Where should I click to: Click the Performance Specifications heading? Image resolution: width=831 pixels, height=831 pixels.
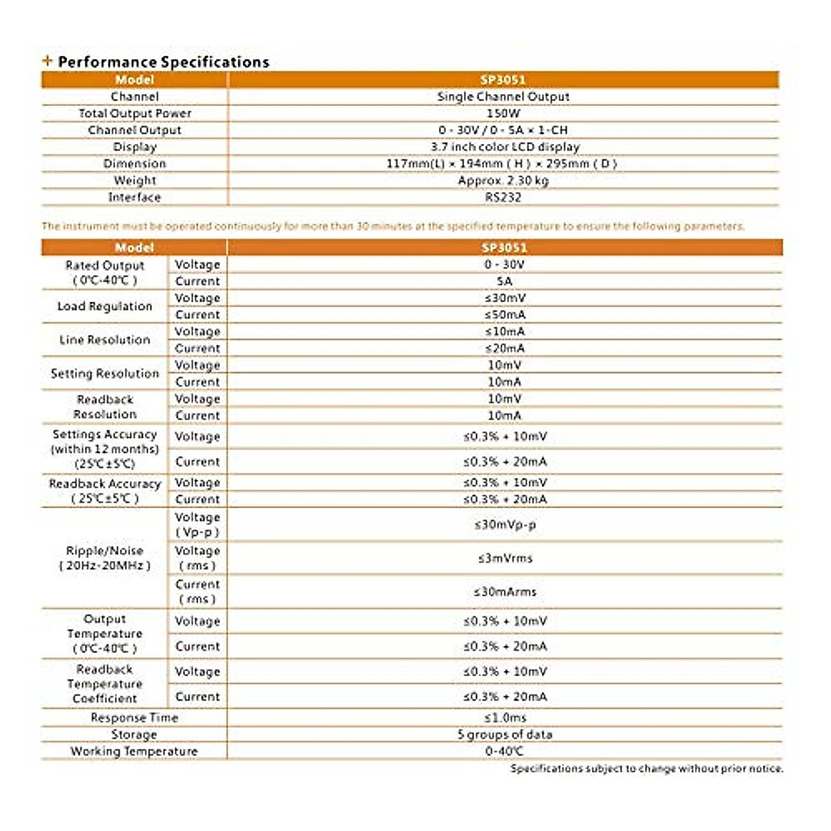tap(163, 62)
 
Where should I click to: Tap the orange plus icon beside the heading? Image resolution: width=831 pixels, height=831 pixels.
tap(47, 61)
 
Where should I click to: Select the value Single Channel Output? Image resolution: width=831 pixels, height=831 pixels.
tap(503, 97)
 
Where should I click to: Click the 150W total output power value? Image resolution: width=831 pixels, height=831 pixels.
tap(503, 114)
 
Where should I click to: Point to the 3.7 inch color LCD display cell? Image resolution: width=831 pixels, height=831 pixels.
tap(505, 147)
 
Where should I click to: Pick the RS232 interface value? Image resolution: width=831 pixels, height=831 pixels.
tap(503, 197)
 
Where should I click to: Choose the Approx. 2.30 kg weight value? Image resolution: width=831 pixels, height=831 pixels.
tap(503, 181)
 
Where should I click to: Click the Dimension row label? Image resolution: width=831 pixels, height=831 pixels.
tap(134, 164)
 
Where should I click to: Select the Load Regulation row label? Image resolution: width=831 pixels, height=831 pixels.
tap(105, 307)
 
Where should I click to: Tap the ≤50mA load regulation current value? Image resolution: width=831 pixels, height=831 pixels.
tap(505, 315)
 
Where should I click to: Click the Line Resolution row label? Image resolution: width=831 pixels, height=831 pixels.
tap(105, 340)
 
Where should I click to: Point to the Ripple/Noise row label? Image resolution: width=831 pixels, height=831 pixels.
tap(105, 558)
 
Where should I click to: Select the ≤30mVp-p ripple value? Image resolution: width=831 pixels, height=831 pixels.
tap(505, 525)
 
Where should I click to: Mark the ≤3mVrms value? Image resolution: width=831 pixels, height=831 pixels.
tap(505, 558)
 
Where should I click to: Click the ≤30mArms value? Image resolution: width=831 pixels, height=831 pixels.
tap(505, 592)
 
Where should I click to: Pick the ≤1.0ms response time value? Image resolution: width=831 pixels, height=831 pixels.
tap(505, 718)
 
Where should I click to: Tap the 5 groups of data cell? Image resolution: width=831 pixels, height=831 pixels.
tap(505, 735)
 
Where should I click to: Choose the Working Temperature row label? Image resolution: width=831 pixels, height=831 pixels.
tap(134, 751)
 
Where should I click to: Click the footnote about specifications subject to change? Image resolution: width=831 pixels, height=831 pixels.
tap(647, 769)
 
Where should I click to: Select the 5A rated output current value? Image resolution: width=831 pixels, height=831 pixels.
tap(504, 282)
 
